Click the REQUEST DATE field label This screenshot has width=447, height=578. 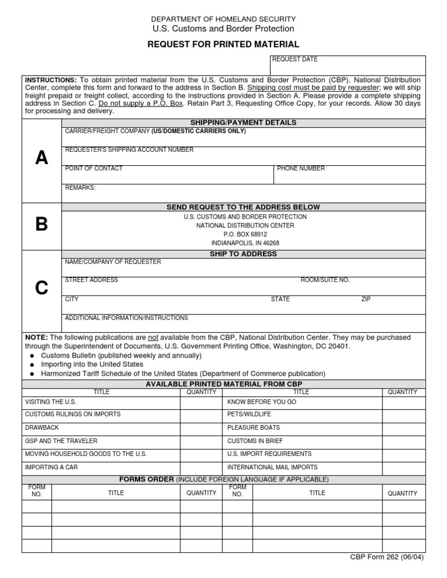tap(295, 59)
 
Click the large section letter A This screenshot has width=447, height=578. tap(41, 158)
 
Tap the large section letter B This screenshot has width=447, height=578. tap(41, 224)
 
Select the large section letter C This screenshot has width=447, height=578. tap(41, 288)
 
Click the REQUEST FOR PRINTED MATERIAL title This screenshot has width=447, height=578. tap(223, 44)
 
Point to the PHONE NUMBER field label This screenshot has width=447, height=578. tap(301, 169)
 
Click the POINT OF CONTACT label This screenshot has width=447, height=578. tap(94, 169)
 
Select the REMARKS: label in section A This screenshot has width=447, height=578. tap(80, 188)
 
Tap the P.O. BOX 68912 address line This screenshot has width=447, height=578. tap(245, 234)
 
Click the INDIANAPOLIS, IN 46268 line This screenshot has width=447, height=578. tap(245, 243)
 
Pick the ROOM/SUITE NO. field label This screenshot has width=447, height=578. tap(325, 280)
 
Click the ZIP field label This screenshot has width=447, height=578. tap(366, 299)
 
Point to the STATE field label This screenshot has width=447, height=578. tap(280, 299)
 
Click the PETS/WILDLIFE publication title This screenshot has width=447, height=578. tap(249, 415)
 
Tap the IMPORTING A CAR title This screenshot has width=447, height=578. tap(51, 467)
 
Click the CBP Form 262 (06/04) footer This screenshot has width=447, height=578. tap(386, 556)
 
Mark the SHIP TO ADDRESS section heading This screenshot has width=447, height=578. tap(243, 254)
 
